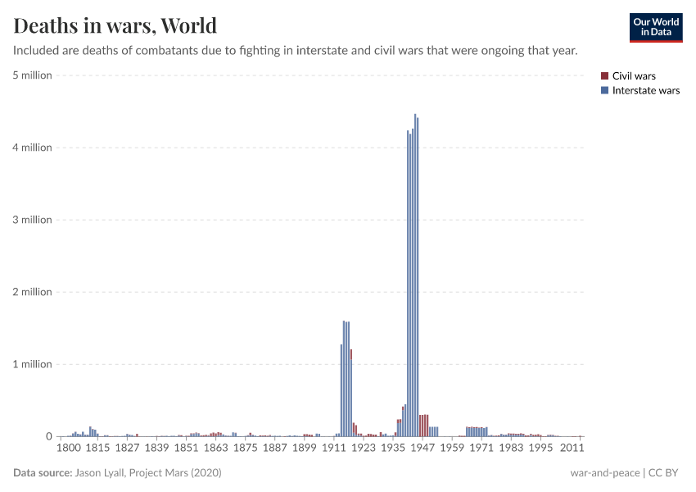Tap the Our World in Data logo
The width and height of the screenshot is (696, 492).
point(655,27)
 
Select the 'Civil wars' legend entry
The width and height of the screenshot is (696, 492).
point(634,76)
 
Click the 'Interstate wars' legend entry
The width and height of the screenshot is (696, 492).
point(645,90)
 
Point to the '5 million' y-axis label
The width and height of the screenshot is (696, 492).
point(33,75)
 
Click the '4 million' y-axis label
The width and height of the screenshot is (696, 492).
point(33,148)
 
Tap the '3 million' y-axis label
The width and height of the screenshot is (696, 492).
point(33,220)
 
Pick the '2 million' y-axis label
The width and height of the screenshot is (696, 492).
point(33,292)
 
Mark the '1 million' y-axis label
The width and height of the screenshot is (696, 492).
point(33,364)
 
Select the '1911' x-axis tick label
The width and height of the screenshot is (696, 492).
point(333,448)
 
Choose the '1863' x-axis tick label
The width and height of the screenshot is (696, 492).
point(215,448)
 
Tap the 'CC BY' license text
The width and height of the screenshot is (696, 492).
point(667,473)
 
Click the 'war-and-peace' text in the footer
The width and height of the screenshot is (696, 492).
point(605,473)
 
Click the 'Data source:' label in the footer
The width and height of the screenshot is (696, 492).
point(43,473)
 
